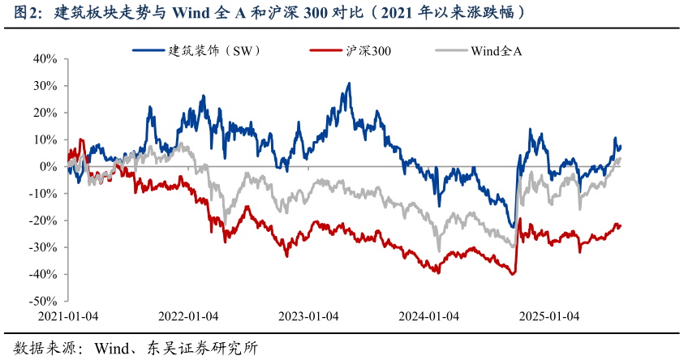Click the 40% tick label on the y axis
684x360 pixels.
tap(45, 58)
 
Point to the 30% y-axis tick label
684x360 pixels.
tap(45, 85)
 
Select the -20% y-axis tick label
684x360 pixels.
tap(42, 221)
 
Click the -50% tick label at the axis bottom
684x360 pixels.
tap(42, 301)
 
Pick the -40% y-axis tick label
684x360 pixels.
tap(42, 274)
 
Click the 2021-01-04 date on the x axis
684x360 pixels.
tap(69, 316)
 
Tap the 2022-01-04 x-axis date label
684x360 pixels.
tap(188, 316)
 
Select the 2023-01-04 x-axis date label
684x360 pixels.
tap(308, 316)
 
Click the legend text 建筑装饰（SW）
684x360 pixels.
tap(214, 50)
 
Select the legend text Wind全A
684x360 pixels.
tap(496, 50)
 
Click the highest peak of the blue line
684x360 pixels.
tap(349, 83)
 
